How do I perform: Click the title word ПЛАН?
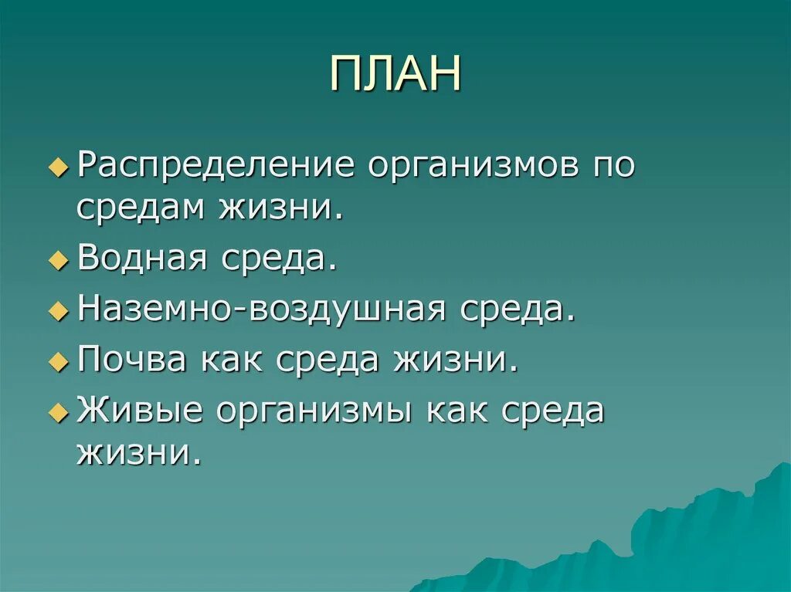(395, 74)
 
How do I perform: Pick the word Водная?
(142, 259)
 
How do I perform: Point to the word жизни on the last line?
(139, 451)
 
